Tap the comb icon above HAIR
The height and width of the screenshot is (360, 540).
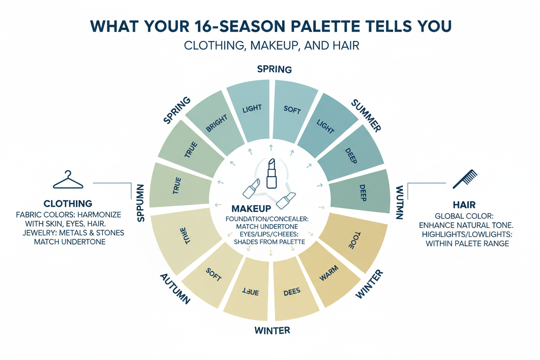(465, 179)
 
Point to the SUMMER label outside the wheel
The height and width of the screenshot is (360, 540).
(366, 115)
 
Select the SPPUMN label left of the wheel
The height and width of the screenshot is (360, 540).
(141, 202)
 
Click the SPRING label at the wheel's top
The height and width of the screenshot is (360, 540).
(274, 69)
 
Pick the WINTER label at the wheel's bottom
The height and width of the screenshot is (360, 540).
(272, 331)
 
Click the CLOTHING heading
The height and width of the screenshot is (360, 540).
(68, 203)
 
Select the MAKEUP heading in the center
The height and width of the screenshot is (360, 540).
(252, 209)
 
